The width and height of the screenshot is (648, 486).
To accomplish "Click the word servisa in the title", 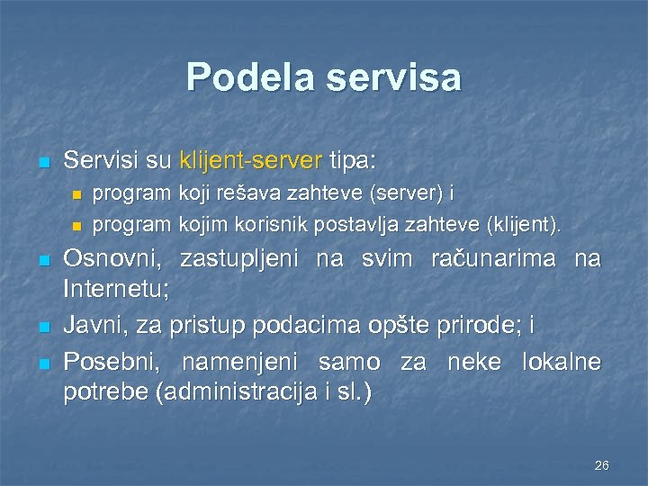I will [394, 78].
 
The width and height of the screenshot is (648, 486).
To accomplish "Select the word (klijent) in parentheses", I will [521, 224].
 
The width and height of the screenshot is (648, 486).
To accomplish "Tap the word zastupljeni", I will [240, 260].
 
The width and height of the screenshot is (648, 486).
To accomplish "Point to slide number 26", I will [602, 465].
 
